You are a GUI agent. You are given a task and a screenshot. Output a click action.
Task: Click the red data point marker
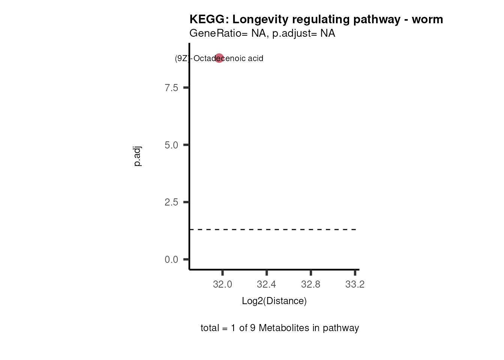point(219,58)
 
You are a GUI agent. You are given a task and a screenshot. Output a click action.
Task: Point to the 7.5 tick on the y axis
point(171,88)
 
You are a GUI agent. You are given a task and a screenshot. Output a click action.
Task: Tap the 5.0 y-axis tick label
point(171,145)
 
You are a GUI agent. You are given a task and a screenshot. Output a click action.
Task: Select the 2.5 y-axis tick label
point(171,202)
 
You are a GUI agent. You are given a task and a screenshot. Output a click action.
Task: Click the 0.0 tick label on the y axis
point(171,259)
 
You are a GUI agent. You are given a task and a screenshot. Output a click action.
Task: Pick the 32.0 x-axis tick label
point(222,285)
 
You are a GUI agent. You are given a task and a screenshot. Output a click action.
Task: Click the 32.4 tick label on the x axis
point(266,285)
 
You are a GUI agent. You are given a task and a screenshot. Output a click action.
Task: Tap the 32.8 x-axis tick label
point(310,285)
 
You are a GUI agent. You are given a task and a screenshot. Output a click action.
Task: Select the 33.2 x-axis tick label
point(355,285)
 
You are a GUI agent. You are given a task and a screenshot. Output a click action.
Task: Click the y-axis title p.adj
point(138,157)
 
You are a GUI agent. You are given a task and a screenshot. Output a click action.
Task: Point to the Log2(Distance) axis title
point(274,301)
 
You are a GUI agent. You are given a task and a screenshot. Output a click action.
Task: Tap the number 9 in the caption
point(253,328)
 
